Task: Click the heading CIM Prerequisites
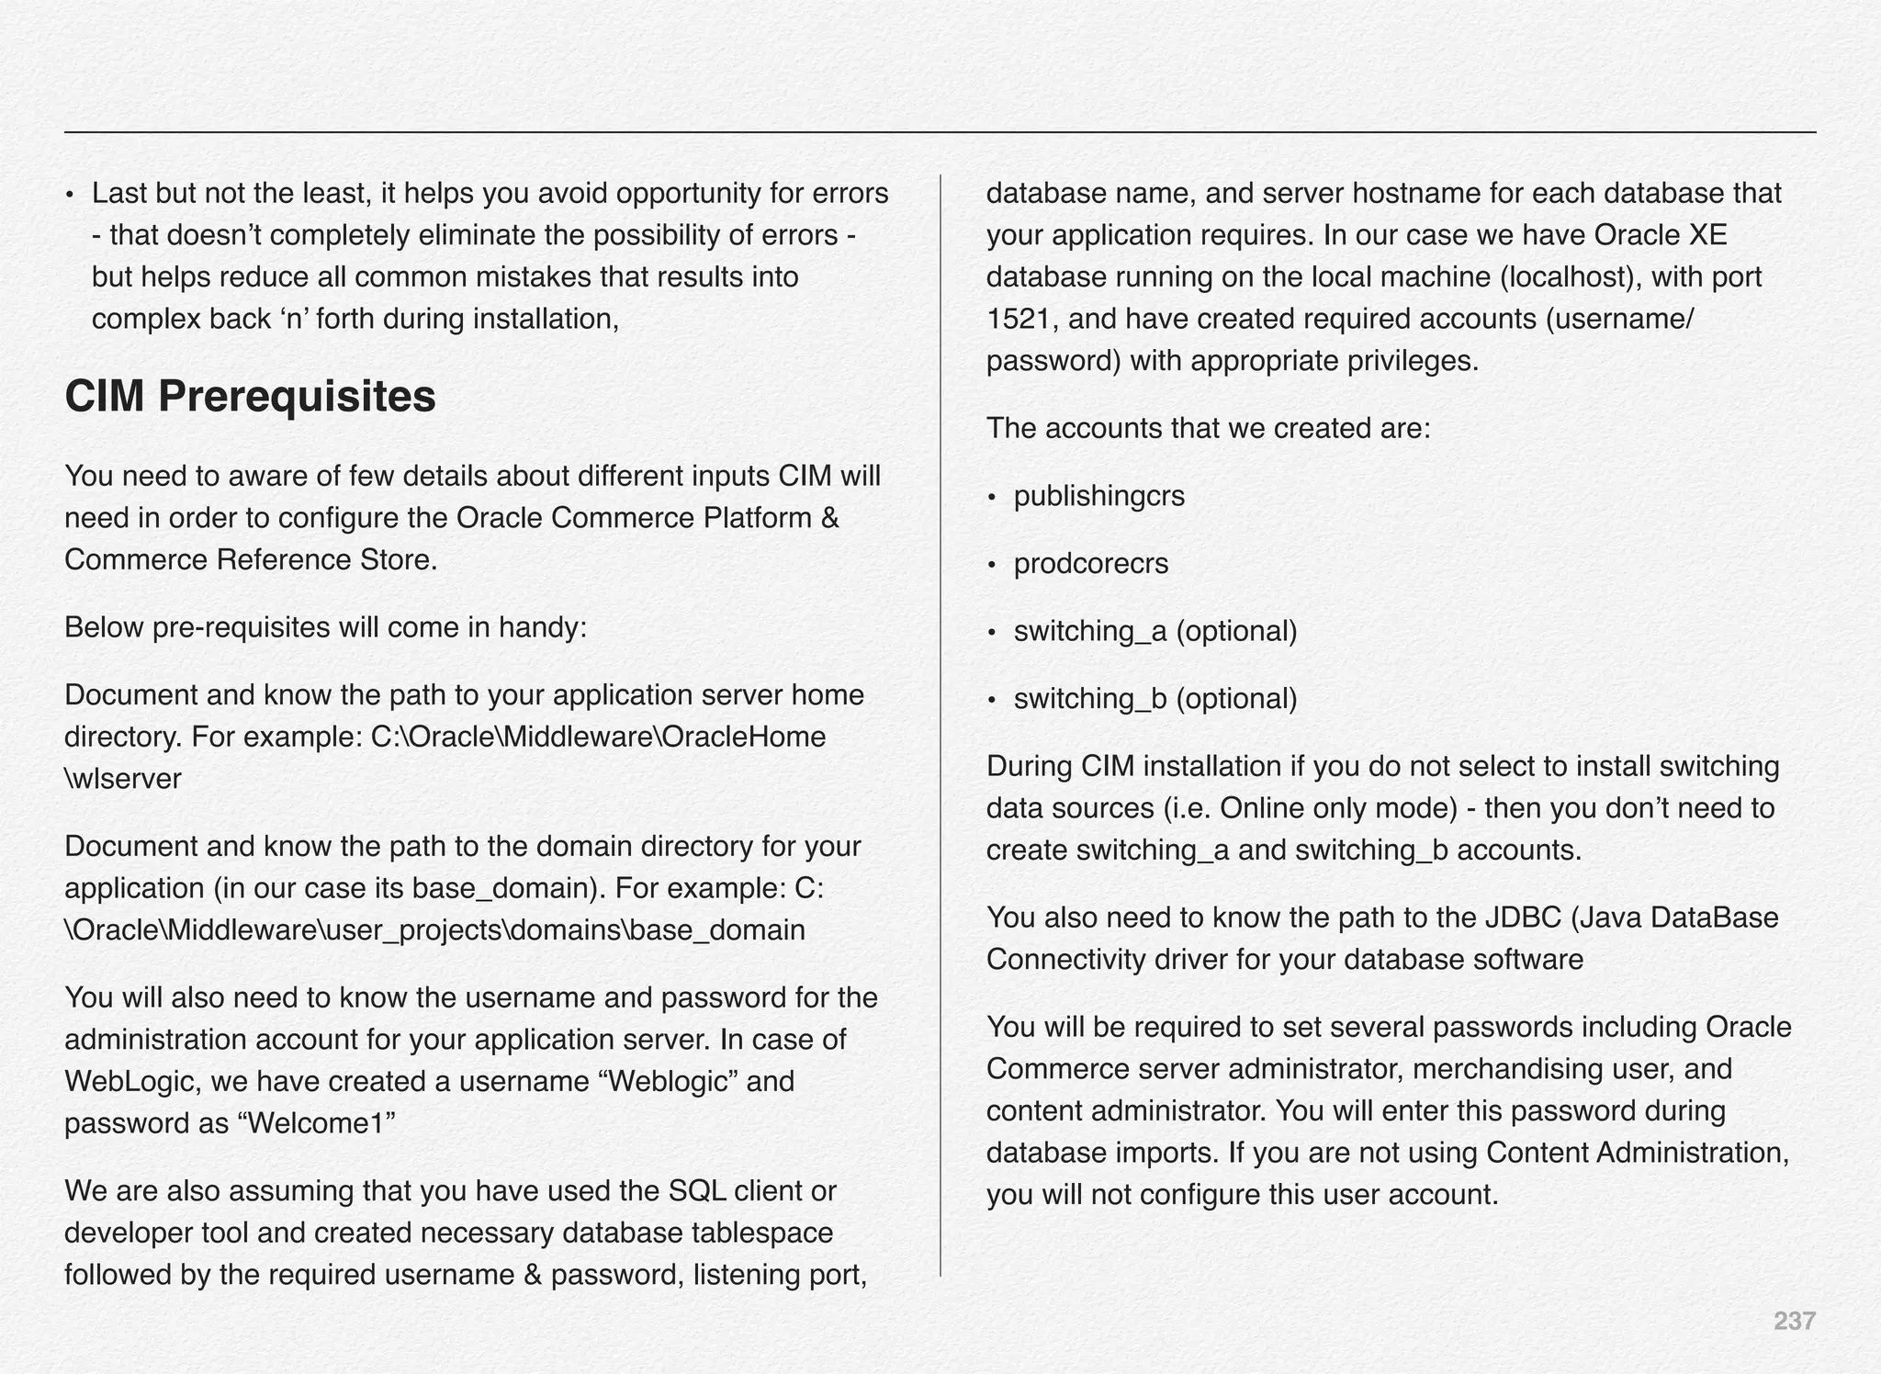click(250, 397)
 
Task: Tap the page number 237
click(1794, 1321)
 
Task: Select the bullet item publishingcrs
click(1098, 496)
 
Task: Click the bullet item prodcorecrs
click(1090, 563)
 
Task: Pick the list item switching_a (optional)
click(1155, 631)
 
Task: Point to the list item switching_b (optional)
click(1155, 699)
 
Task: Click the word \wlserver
click(123, 779)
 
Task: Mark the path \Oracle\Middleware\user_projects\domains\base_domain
click(434, 929)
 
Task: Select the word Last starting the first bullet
click(119, 194)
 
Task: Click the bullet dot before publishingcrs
click(992, 498)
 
